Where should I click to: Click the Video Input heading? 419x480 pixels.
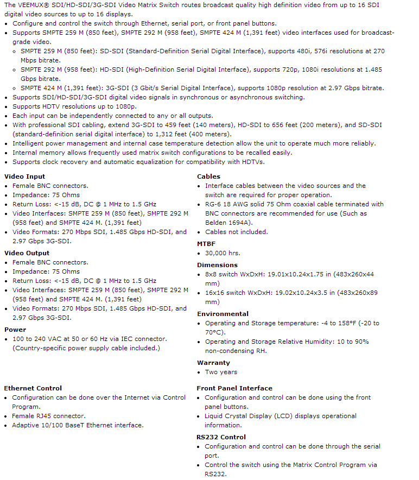pyautogui.click(x=24, y=176)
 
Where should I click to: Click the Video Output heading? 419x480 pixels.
pyautogui.click(x=27, y=253)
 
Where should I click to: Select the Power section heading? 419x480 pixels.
pyautogui.click(x=15, y=330)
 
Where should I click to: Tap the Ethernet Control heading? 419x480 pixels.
pyautogui.click(x=33, y=388)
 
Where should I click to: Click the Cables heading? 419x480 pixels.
pyautogui.click(x=208, y=176)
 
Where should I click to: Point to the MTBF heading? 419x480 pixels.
pyautogui.click(x=206, y=244)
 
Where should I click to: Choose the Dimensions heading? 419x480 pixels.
pyautogui.click(x=217, y=265)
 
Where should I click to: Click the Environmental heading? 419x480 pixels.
pyautogui.click(x=223, y=314)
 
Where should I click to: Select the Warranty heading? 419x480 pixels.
pyautogui.click(x=213, y=363)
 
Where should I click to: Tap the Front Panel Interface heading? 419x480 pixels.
pyautogui.click(x=234, y=388)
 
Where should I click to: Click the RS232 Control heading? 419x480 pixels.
pyautogui.click(x=221, y=437)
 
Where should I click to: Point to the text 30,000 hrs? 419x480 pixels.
pyautogui.click(x=223, y=253)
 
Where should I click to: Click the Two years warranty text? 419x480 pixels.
pyautogui.click(x=221, y=372)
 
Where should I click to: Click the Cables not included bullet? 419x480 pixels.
pyautogui.click(x=236, y=232)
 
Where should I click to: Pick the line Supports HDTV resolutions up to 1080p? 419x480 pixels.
pyautogui.click(x=74, y=106)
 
